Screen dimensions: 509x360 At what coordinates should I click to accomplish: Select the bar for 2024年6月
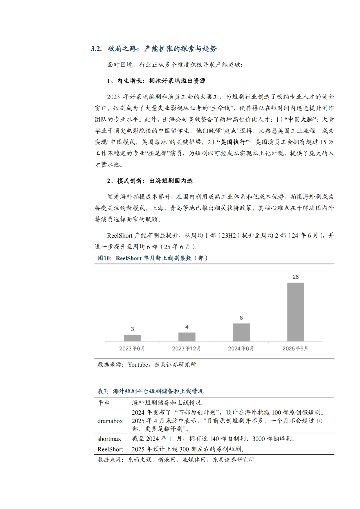tap(241, 332)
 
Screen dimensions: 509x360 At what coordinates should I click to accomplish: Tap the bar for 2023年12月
tap(187, 337)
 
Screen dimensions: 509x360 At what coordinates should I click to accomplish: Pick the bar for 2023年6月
tap(132, 338)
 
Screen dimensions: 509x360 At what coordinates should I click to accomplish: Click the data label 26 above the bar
tap(296, 277)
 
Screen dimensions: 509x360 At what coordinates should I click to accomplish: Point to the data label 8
tap(241, 318)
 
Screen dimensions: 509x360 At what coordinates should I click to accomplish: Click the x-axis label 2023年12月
tap(186, 348)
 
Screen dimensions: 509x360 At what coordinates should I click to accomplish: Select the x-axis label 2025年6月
tap(295, 348)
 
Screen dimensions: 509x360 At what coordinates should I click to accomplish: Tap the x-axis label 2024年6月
tap(241, 348)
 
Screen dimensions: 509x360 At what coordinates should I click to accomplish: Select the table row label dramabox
tap(110, 421)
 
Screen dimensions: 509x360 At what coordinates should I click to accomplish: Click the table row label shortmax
tap(109, 439)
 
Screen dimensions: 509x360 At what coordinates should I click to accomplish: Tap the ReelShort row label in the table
tap(110, 449)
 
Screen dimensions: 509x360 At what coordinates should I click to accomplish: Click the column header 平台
tap(103, 403)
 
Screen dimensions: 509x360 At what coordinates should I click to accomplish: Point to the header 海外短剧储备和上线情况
tap(167, 403)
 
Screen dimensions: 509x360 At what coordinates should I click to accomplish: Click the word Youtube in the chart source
tap(138, 365)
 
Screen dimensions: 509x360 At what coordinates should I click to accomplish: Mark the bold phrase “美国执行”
tap(233, 142)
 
